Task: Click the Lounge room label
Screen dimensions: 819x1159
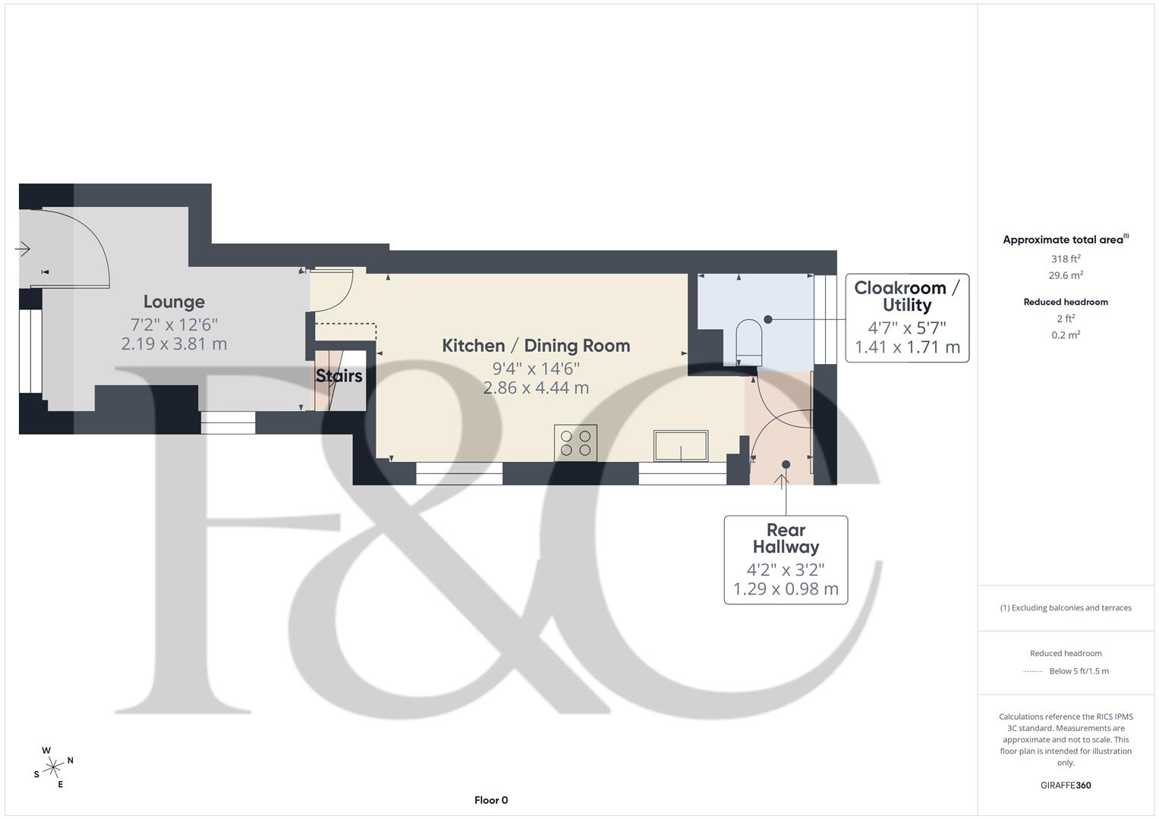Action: pyautogui.click(x=174, y=302)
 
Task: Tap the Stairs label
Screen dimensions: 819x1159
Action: pyautogui.click(x=339, y=376)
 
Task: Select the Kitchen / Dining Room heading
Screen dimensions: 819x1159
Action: pyautogui.click(x=536, y=346)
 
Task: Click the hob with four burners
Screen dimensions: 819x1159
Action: pyautogui.click(x=575, y=443)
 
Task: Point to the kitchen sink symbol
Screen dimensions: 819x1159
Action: pyautogui.click(x=681, y=445)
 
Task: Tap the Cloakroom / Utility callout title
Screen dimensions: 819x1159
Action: pyautogui.click(x=906, y=297)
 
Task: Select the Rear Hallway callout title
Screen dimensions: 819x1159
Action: pyautogui.click(x=786, y=538)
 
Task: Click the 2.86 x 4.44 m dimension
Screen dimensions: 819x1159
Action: pyautogui.click(x=536, y=388)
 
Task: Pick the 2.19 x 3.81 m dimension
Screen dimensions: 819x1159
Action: pyautogui.click(x=174, y=344)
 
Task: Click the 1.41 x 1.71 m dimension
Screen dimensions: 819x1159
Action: pyautogui.click(x=907, y=347)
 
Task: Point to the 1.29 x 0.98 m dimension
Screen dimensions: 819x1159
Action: pyautogui.click(x=786, y=589)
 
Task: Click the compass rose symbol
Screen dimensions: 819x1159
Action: pyautogui.click(x=53, y=767)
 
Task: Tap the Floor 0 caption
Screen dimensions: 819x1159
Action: pyautogui.click(x=490, y=800)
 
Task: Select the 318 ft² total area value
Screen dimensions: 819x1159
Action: pyautogui.click(x=1066, y=259)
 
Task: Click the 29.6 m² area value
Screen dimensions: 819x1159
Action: pyautogui.click(x=1066, y=276)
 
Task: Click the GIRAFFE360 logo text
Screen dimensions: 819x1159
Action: pyautogui.click(x=1066, y=786)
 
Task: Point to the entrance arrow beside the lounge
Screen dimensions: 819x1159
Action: pyautogui.click(x=21, y=248)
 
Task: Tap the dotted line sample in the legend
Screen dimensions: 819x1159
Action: pyautogui.click(x=1033, y=671)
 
